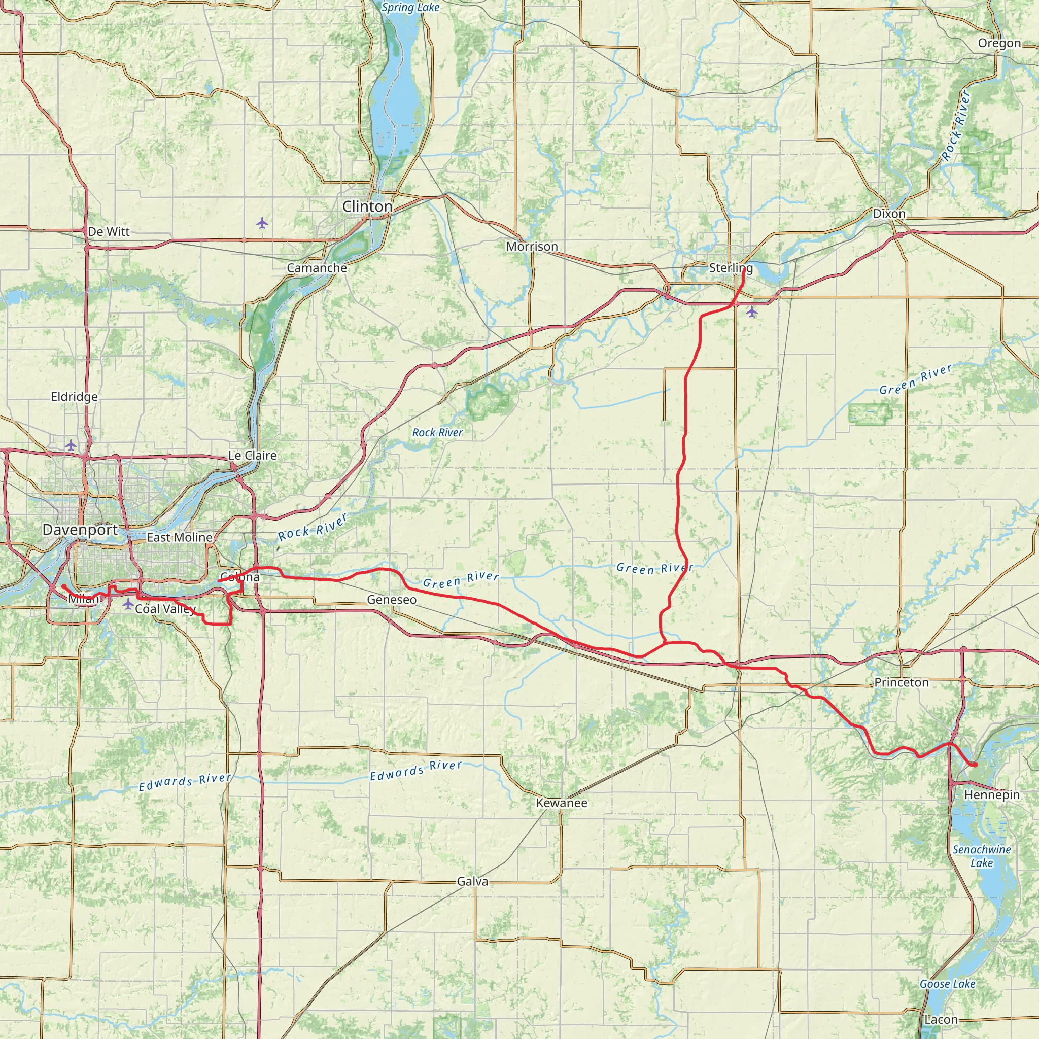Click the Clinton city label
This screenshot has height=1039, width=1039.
coord(367,206)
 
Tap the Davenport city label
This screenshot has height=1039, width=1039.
coord(80,530)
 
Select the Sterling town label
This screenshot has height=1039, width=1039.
coord(731,268)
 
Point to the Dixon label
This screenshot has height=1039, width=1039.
coord(889,214)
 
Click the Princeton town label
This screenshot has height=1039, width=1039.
coord(902,682)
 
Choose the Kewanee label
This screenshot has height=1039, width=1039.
coord(562,803)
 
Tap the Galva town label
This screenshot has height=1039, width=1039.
coord(472,881)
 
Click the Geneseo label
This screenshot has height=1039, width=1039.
coord(392,600)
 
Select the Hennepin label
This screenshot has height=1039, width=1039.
coord(992,795)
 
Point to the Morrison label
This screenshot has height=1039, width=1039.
coord(532,246)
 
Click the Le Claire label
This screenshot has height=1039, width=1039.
coord(252,456)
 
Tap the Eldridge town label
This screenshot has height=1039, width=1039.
coord(74,397)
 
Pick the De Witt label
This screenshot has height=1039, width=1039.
coord(109,232)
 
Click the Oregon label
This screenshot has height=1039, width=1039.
coord(999,43)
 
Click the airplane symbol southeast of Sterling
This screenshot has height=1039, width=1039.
coord(751,311)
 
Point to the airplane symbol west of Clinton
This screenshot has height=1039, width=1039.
coord(262,222)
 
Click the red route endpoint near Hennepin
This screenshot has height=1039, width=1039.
coord(975,765)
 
